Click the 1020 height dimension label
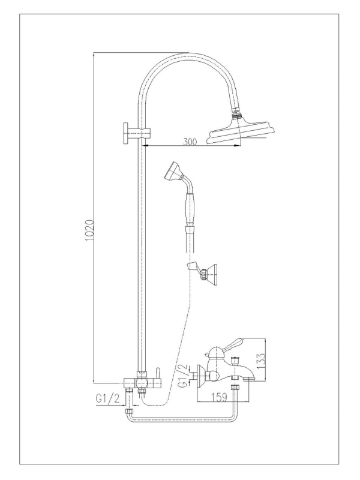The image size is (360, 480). point(89,230)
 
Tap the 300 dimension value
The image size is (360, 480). point(190,142)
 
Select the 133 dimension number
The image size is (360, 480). point(260,361)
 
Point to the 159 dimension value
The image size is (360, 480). point(220,397)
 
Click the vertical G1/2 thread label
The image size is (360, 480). point(183,376)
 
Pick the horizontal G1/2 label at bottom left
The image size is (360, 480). point(107,398)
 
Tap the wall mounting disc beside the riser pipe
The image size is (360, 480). point(126,131)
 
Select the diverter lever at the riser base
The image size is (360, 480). point(158,373)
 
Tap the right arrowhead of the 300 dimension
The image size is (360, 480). point(236,146)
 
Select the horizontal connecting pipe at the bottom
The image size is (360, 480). point(183,419)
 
